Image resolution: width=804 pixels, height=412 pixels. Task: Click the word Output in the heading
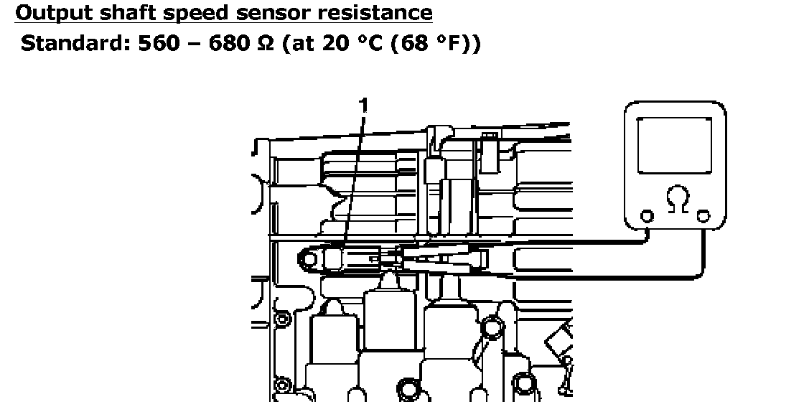click(x=53, y=12)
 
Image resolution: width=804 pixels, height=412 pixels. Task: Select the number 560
click(x=159, y=44)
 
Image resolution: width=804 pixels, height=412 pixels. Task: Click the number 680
click(x=229, y=44)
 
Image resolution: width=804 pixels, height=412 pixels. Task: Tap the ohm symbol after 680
click(x=265, y=44)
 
